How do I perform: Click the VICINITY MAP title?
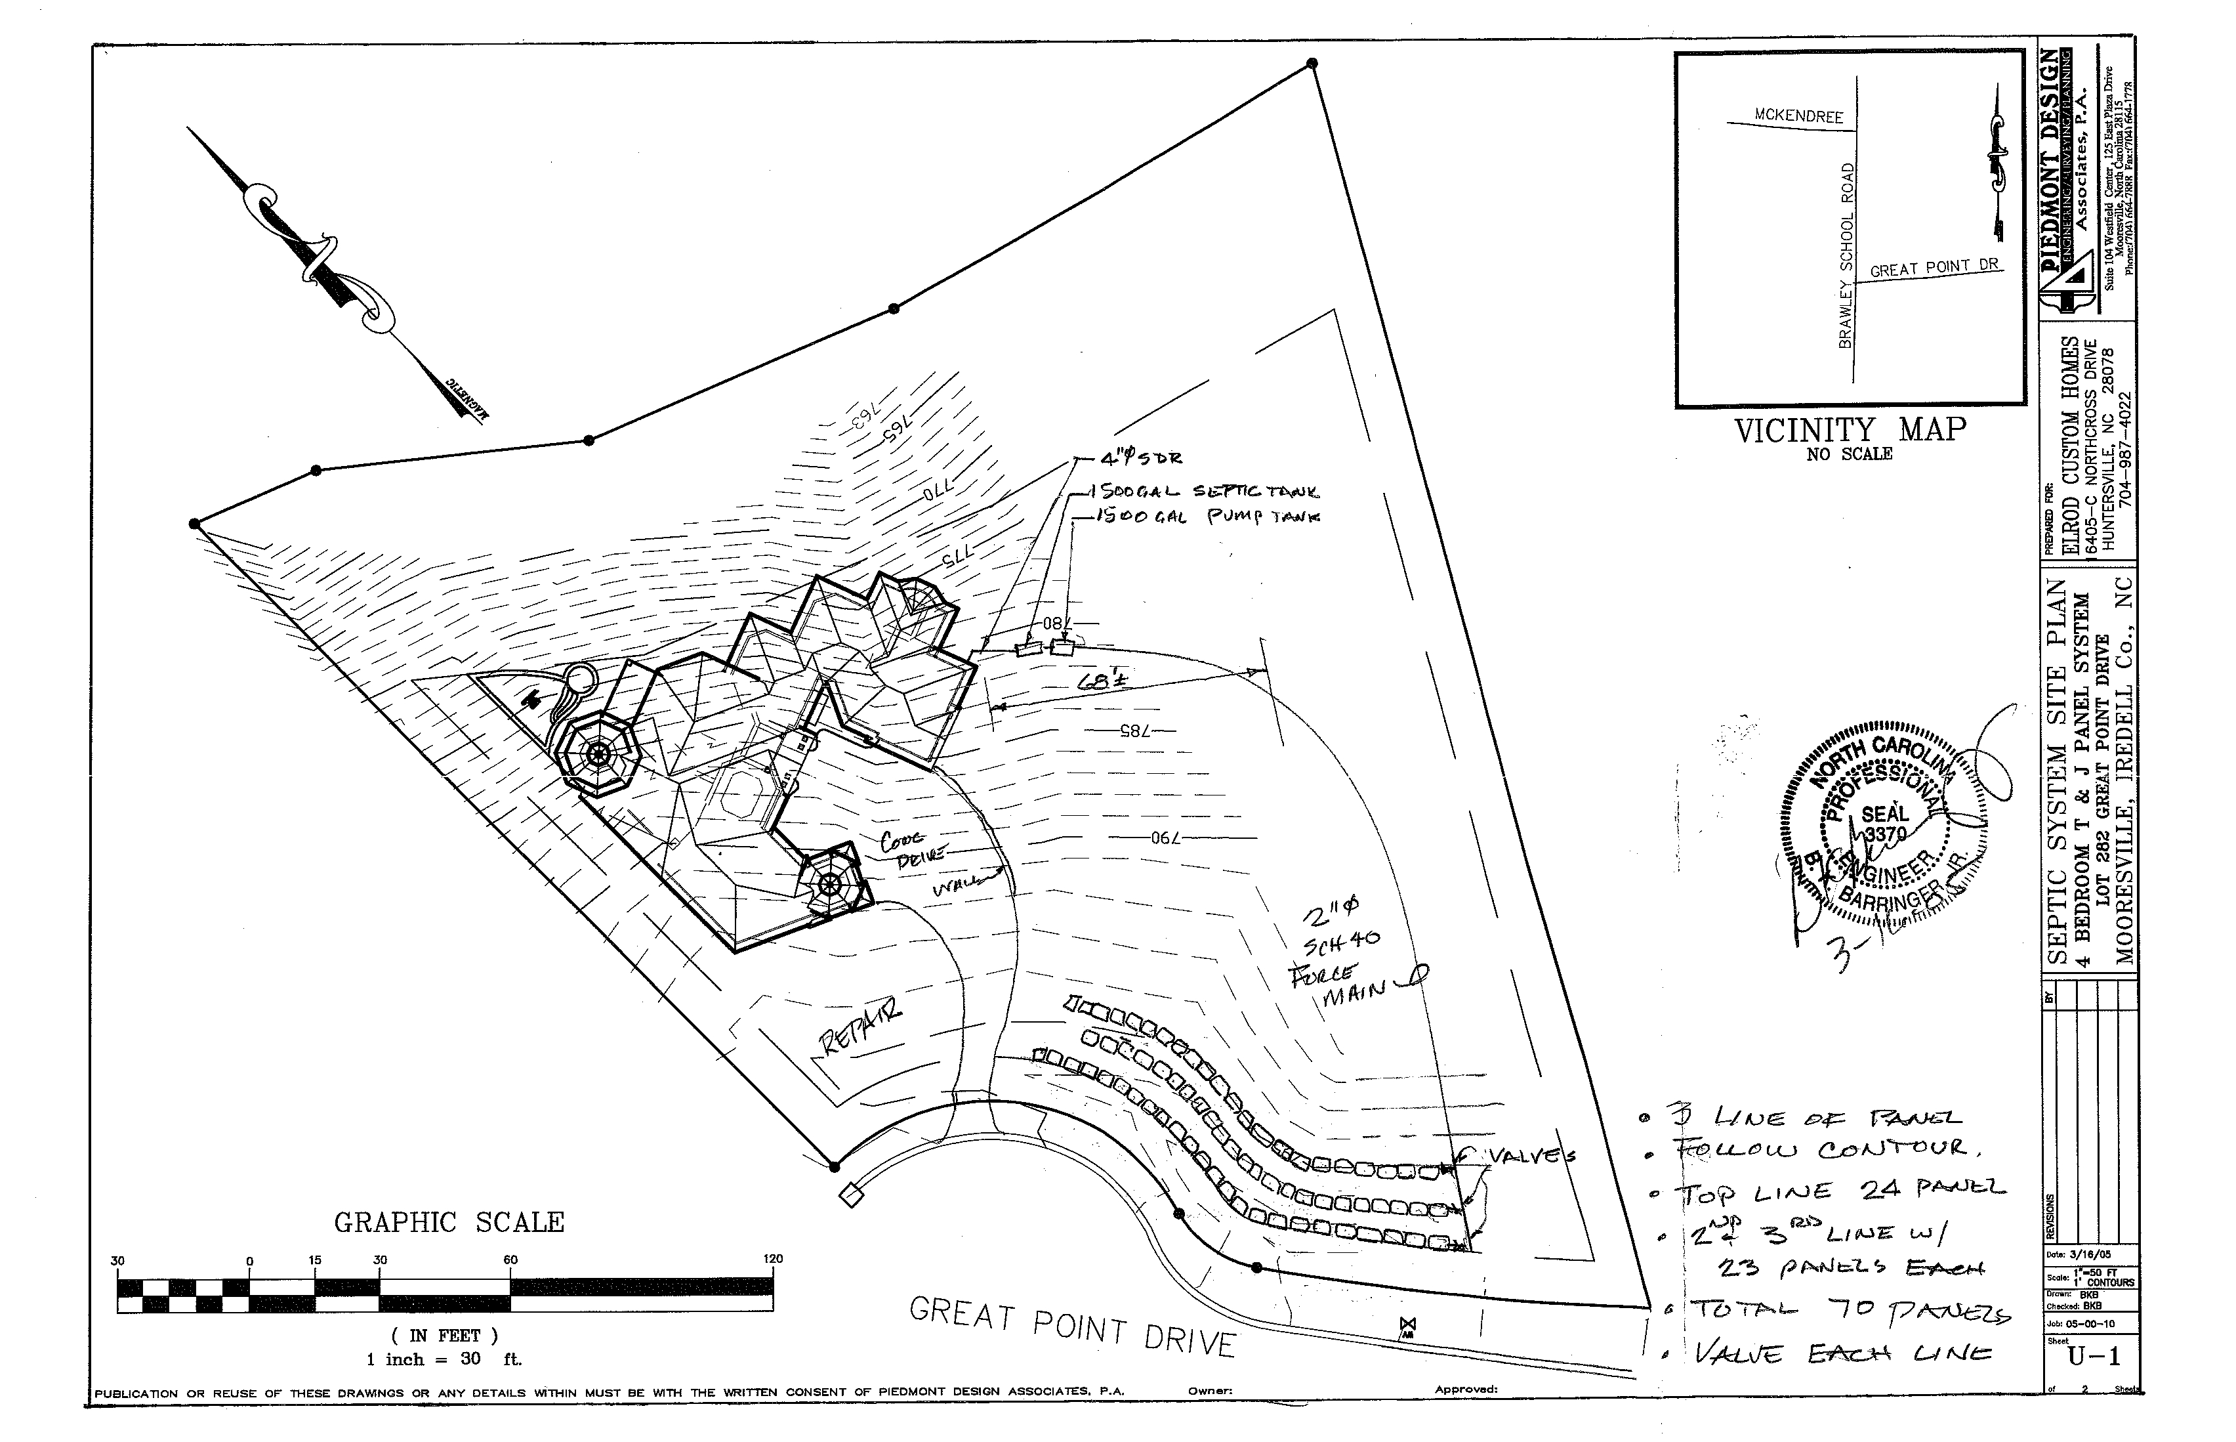1850,431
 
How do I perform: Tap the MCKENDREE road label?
1798,116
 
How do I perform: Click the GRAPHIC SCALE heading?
449,1223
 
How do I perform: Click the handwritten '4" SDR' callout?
1142,459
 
